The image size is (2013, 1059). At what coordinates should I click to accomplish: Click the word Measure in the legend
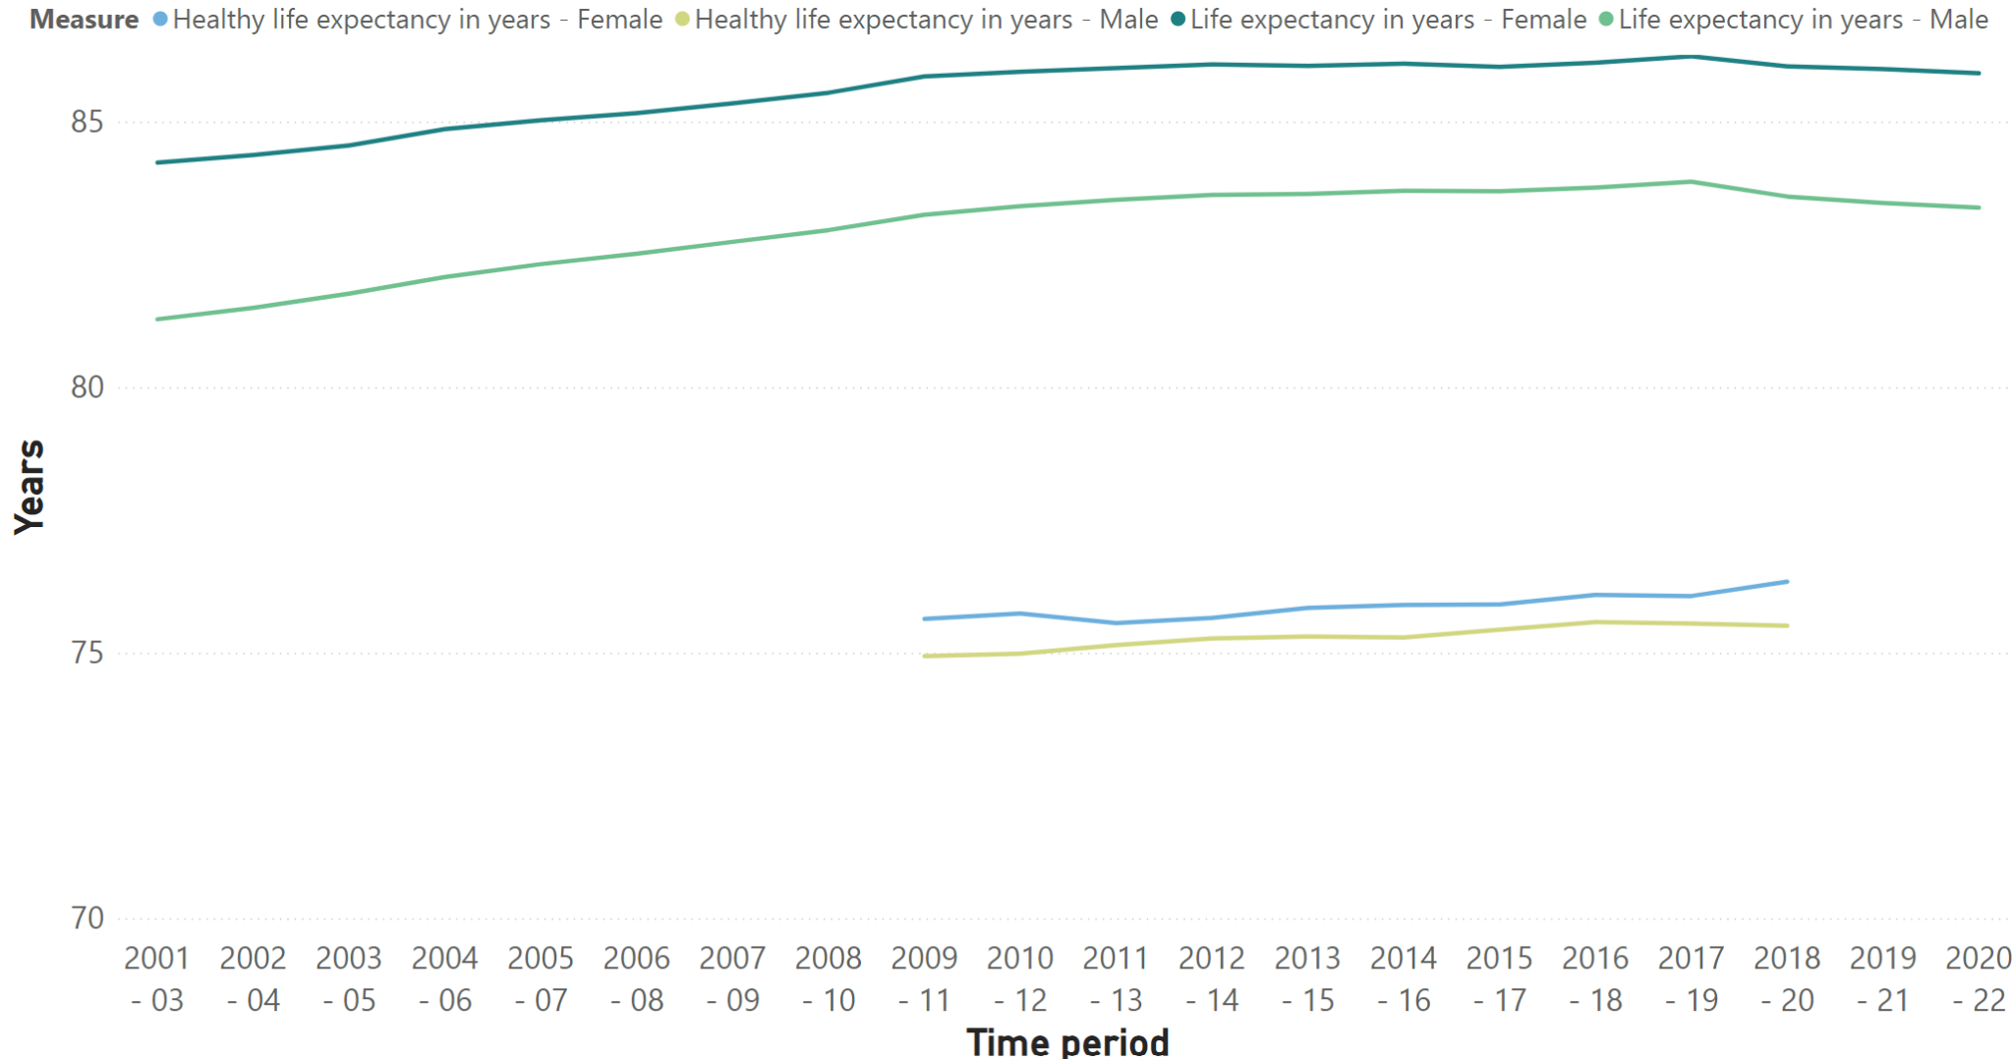(x=84, y=20)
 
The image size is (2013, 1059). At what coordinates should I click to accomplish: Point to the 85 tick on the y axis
(x=86, y=122)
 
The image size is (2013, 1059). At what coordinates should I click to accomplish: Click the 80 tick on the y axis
(x=86, y=387)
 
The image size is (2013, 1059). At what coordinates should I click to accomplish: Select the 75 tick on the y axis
(x=86, y=653)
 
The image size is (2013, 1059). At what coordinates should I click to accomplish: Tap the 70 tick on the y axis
(x=86, y=918)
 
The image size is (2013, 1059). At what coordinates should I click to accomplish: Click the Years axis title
(x=29, y=487)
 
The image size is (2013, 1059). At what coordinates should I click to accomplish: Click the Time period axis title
(x=1067, y=1041)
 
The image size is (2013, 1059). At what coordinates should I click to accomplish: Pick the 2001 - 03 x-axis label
(x=157, y=978)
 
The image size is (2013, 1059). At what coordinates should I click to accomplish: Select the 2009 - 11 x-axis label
(x=924, y=978)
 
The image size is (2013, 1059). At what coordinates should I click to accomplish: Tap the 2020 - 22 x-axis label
(x=1978, y=978)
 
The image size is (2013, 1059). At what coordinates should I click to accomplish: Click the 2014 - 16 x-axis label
(x=1404, y=978)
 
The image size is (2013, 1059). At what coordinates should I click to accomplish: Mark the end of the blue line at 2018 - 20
(x=1787, y=582)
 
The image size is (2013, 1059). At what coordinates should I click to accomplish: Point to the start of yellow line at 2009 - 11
(x=926, y=656)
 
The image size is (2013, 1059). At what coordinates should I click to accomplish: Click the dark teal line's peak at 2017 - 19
(x=1692, y=57)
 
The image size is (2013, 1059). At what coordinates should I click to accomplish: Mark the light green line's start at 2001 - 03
(x=158, y=319)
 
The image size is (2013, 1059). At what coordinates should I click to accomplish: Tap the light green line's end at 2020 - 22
(x=1979, y=207)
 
